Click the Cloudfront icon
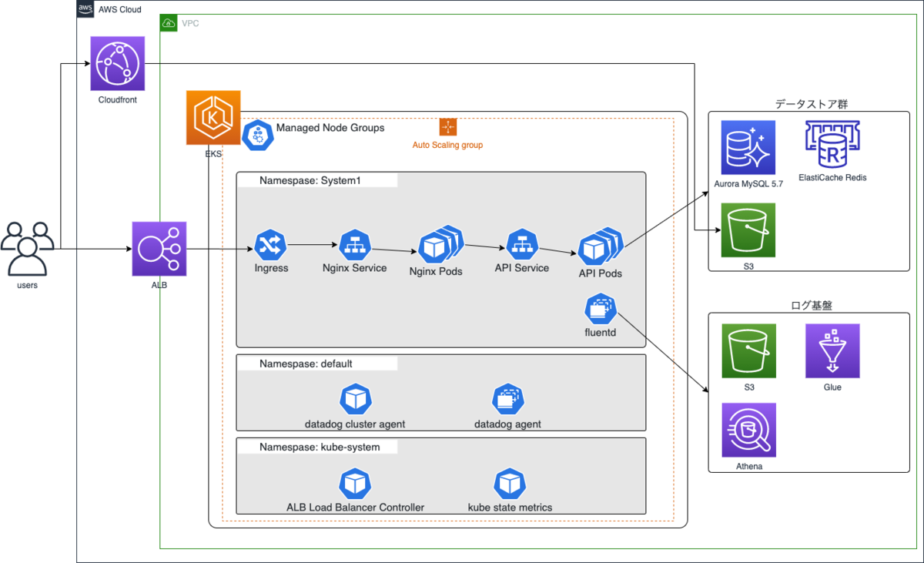coord(118,64)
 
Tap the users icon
coord(28,249)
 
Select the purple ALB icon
coord(159,249)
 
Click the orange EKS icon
coord(213,118)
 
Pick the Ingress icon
coord(271,245)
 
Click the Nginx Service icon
coord(355,245)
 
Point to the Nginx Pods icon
coord(439,245)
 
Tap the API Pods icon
coord(599,246)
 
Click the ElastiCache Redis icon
coord(832,146)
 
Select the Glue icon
coord(832,351)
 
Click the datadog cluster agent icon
coord(355,399)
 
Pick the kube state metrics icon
coord(509,483)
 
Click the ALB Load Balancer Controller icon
coord(355,483)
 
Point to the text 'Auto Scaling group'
coord(447,145)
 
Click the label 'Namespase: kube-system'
coord(319,447)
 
